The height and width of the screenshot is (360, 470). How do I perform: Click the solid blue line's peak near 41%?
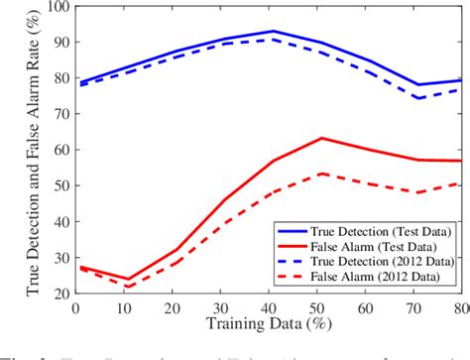tap(273, 31)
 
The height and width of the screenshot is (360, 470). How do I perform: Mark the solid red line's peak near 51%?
tap(320, 138)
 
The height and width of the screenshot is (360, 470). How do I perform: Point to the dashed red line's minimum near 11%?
tap(128, 287)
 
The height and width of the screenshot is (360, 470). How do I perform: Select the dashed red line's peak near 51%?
tap(320, 174)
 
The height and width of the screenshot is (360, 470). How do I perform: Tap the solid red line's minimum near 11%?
tap(128, 280)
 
